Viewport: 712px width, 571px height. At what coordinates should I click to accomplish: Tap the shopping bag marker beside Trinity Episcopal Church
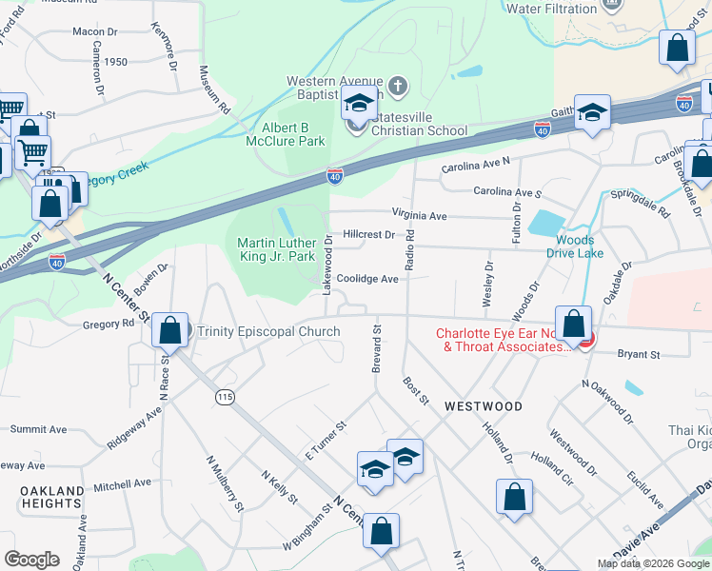pyautogui.click(x=169, y=331)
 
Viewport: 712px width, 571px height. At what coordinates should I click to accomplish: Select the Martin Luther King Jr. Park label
pyautogui.click(x=276, y=249)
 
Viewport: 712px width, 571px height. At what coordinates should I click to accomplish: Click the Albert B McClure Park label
pyautogui.click(x=293, y=134)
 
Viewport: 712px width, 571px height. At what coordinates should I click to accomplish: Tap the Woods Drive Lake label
pyautogui.click(x=575, y=246)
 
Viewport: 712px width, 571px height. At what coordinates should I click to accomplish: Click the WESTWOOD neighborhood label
pyautogui.click(x=484, y=406)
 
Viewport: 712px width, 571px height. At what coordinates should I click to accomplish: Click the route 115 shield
pyautogui.click(x=225, y=398)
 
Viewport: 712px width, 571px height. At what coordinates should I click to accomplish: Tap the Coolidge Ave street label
pyautogui.click(x=366, y=279)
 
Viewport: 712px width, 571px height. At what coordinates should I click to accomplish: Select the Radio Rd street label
pyautogui.click(x=410, y=249)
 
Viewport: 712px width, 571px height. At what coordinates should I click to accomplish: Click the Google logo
pyautogui.click(x=31, y=560)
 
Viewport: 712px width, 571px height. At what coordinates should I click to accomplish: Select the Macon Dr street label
pyautogui.click(x=94, y=31)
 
